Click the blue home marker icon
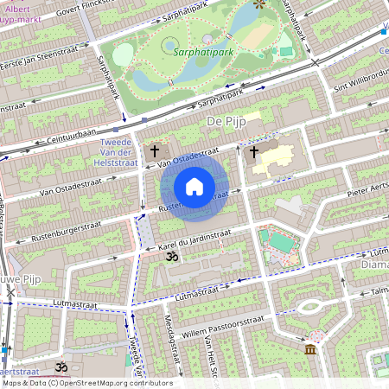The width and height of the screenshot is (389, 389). pos(194,187)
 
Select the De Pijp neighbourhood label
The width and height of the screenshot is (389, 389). pos(226,124)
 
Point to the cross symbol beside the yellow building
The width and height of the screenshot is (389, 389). pos(253,152)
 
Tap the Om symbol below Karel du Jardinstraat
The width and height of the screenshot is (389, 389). pos(171,257)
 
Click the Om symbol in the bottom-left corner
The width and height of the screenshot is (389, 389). pos(61,367)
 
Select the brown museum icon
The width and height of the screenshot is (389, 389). pos(310,349)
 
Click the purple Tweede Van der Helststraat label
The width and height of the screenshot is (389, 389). pos(115,152)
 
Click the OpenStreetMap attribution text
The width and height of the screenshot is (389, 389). pos(86,383)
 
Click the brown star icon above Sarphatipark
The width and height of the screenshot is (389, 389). pos(259,4)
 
